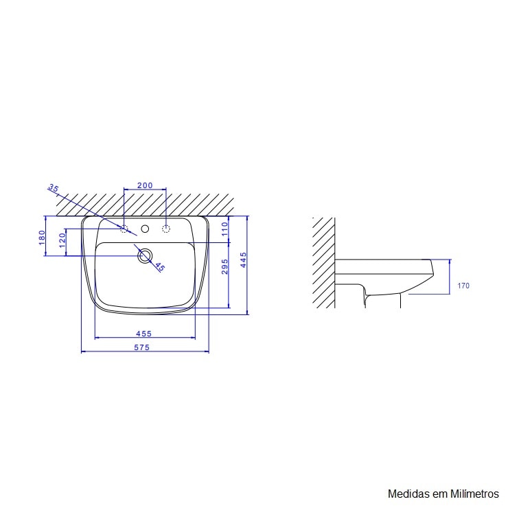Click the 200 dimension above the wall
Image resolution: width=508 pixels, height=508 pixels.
pyautogui.click(x=144, y=185)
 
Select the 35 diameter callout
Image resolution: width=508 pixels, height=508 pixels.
pyautogui.click(x=54, y=189)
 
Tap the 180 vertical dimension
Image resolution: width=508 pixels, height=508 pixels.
pyautogui.click(x=41, y=237)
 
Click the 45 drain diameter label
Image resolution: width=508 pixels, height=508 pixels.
pyautogui.click(x=159, y=267)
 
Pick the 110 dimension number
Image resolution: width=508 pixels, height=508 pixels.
pyautogui.click(x=224, y=229)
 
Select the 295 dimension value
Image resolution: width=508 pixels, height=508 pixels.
pyautogui.click(x=224, y=267)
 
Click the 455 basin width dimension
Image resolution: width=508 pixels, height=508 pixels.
pyautogui.click(x=144, y=334)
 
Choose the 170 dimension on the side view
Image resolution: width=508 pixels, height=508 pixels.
pyautogui.click(x=463, y=286)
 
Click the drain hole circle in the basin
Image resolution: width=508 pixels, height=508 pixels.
pyautogui.click(x=144, y=256)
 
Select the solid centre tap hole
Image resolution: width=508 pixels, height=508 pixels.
pyautogui.click(x=145, y=229)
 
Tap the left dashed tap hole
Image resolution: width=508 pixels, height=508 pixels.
pyautogui.click(x=124, y=229)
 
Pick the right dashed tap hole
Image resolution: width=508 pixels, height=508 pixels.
pyautogui.click(x=165, y=229)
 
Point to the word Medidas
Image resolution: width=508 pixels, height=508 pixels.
pyautogui.click(x=407, y=494)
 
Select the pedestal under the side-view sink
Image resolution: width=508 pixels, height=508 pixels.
pyautogui.click(x=382, y=299)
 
